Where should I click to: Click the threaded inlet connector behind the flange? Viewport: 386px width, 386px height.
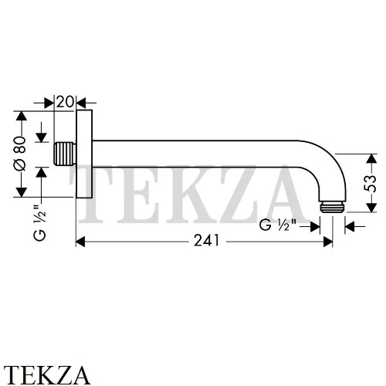pyautogui.click(x=66, y=154)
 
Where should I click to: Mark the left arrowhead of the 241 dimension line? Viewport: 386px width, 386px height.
pyautogui.click(x=80, y=241)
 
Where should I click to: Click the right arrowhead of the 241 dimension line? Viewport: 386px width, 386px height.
pyautogui.click(x=327, y=241)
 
